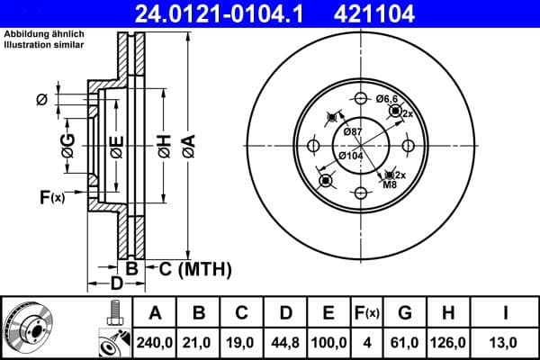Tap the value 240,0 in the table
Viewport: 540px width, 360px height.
(x=155, y=342)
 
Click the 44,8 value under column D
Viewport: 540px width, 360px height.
(x=286, y=342)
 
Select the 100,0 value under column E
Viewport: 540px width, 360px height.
(x=329, y=342)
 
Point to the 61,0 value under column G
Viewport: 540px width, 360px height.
(x=404, y=342)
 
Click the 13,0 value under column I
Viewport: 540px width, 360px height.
(x=507, y=342)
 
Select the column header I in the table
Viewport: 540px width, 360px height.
(x=507, y=313)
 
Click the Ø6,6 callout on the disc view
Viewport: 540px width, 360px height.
(x=387, y=98)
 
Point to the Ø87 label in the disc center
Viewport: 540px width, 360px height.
(x=352, y=133)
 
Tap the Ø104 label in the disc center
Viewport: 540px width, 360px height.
(x=350, y=156)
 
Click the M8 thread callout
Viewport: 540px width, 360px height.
(x=390, y=185)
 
